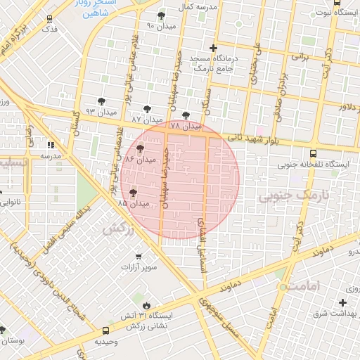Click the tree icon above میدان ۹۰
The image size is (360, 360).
161,15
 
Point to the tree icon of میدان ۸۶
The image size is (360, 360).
140,149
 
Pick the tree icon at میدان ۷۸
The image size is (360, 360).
186,115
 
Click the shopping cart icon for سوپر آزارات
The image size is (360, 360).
139,256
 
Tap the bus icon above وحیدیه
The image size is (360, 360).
105,330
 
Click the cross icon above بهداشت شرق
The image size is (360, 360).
342,302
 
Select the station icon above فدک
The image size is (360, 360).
49,19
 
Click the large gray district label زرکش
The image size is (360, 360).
117,229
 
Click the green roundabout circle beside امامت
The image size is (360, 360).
283,287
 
